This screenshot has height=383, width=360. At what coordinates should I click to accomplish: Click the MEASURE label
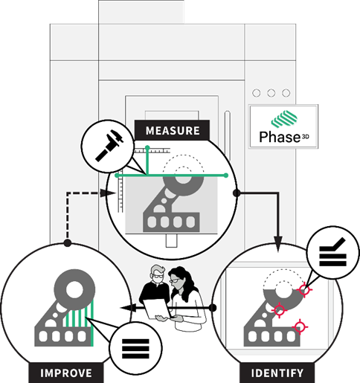[172, 130]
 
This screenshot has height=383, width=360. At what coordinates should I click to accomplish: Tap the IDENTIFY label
[277, 373]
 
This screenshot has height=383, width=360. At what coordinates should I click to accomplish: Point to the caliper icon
[107, 147]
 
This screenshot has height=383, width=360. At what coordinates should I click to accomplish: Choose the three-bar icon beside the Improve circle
[134, 347]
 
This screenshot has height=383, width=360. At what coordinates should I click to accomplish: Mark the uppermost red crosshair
[303, 290]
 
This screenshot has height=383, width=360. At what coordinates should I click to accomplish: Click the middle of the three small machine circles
[271, 94]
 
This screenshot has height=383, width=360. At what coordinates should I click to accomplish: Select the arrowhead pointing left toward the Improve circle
[127, 306]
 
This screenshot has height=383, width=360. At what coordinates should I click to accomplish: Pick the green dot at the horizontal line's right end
[226, 176]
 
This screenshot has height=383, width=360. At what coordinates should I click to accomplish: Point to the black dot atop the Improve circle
[67, 242]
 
